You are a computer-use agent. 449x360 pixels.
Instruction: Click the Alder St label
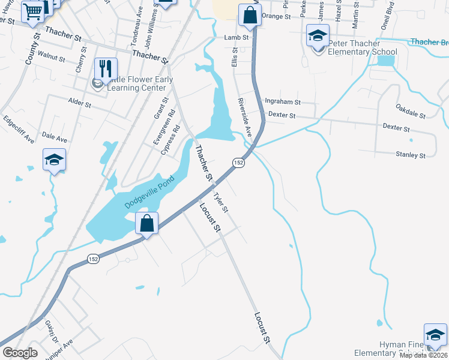click(79, 104)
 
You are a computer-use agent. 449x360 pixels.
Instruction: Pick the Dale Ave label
click(55, 139)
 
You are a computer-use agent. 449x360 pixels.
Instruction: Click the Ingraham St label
click(282, 103)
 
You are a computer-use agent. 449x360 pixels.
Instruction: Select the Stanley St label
click(411, 155)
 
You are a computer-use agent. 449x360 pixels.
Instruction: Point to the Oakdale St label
click(411, 110)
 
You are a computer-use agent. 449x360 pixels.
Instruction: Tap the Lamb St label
click(236, 37)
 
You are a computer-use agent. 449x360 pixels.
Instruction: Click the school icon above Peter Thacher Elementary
click(318, 36)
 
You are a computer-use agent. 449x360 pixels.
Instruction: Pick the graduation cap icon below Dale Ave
click(54, 160)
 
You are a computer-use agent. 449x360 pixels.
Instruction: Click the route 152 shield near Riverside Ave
click(238, 163)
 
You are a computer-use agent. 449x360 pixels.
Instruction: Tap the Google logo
click(20, 352)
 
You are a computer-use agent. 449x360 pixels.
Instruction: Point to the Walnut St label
click(50, 58)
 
